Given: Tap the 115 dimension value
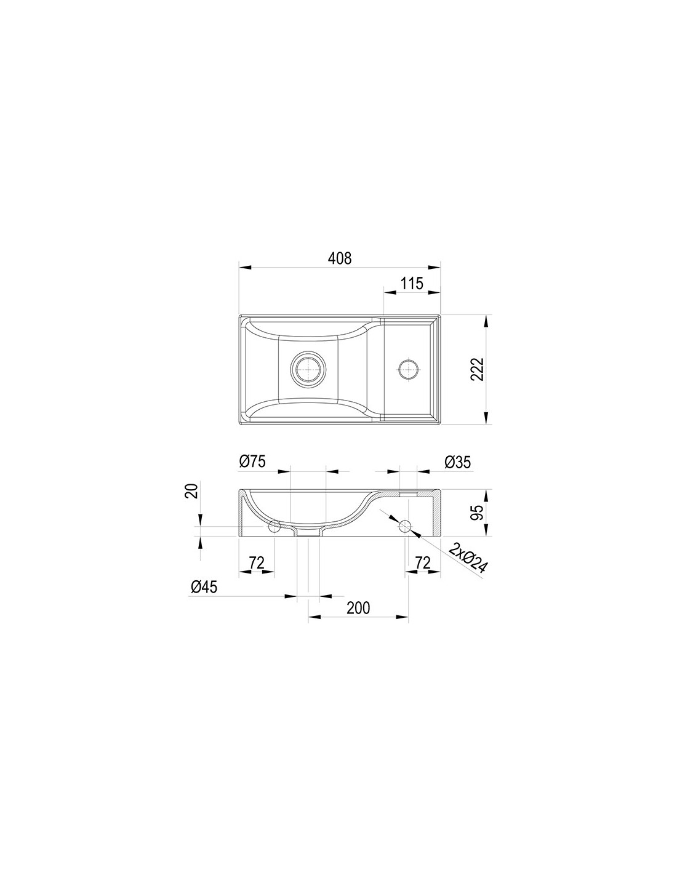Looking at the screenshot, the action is [x=412, y=284].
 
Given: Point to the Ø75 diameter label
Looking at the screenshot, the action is [x=252, y=461].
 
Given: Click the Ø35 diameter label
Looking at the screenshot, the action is [x=457, y=462].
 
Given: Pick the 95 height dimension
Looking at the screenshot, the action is [x=477, y=513].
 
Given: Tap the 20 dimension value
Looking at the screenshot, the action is [x=192, y=491].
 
